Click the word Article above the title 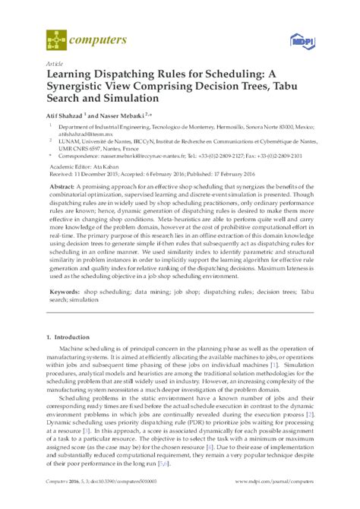pos(55,63)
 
